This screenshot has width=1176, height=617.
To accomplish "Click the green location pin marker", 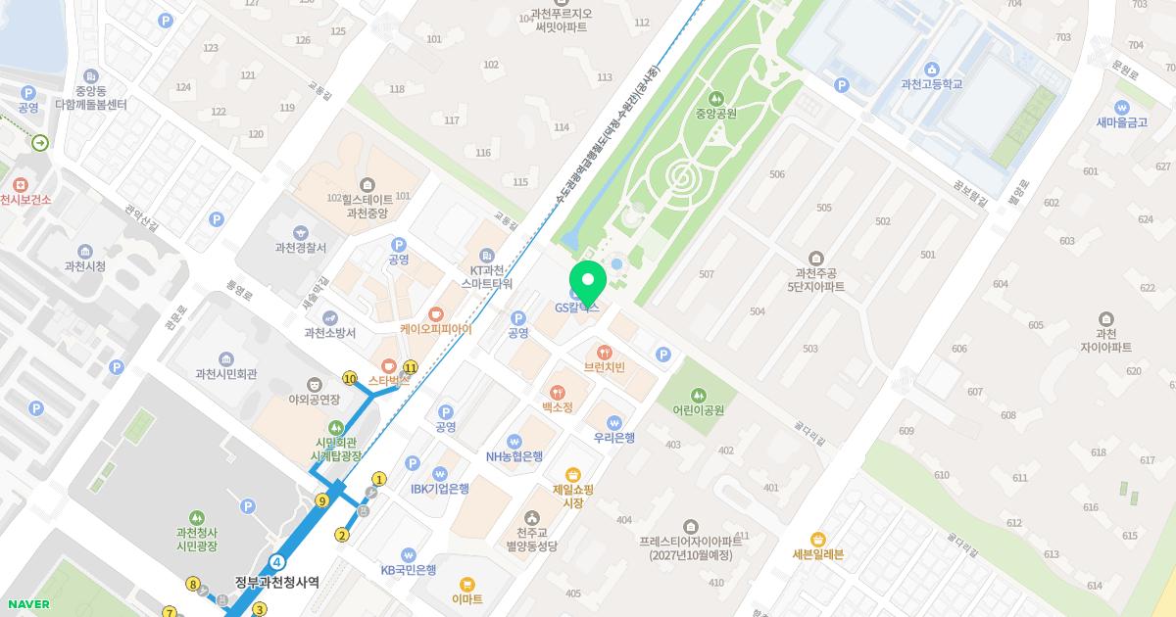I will click(x=588, y=280).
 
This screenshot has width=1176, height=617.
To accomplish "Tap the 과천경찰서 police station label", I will click(x=301, y=248).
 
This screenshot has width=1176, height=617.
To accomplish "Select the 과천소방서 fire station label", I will click(x=329, y=332).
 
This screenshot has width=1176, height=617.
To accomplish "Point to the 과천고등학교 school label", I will click(x=931, y=84).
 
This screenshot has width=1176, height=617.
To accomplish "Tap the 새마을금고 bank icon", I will click(x=1122, y=107).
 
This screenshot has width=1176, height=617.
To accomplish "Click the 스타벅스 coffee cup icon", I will click(x=389, y=364).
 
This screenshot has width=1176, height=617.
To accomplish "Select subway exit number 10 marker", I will click(x=350, y=378).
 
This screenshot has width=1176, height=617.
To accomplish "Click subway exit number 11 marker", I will click(x=411, y=368).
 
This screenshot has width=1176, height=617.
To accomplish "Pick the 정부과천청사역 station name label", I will click(x=276, y=582).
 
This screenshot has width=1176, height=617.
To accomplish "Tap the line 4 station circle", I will click(x=279, y=562).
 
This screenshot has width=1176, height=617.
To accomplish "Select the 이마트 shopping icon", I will click(x=467, y=584).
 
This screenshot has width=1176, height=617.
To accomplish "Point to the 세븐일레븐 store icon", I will click(x=818, y=539).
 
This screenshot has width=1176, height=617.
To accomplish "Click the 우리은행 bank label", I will click(x=614, y=438).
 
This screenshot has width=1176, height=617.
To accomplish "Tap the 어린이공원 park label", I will click(x=698, y=410).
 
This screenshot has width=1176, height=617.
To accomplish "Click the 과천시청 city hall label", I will click(x=85, y=266).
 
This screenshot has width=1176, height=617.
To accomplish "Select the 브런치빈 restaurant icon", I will click(x=605, y=352).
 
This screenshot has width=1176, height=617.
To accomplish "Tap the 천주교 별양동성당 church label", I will click(x=531, y=539).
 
